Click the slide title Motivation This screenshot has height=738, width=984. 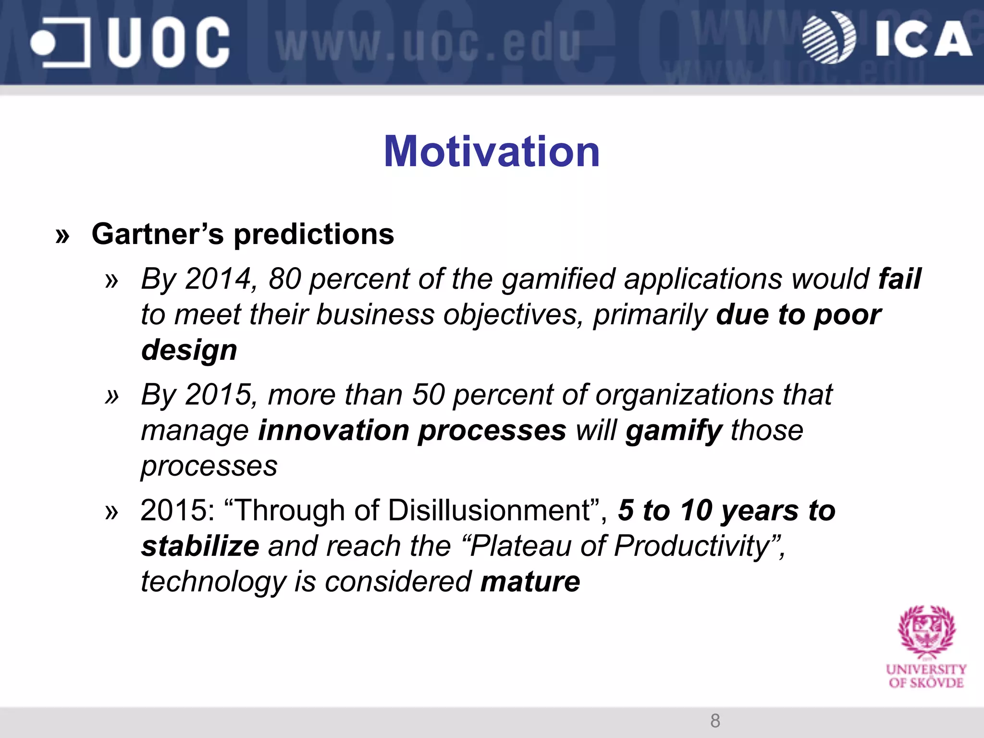[492, 152]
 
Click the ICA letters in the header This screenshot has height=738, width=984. [922, 39]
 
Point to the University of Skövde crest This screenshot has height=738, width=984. [926, 632]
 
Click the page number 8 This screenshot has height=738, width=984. [715, 721]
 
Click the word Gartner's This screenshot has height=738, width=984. [158, 234]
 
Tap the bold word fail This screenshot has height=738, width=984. [899, 279]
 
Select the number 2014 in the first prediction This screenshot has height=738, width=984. [219, 279]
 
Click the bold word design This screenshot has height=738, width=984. [189, 350]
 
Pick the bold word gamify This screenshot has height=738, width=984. [674, 430]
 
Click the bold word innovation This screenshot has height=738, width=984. [334, 430]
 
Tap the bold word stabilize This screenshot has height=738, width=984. [200, 546]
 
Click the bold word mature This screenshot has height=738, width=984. [530, 582]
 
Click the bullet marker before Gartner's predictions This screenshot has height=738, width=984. [62, 236]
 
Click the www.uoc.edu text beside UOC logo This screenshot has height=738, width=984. [428, 46]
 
